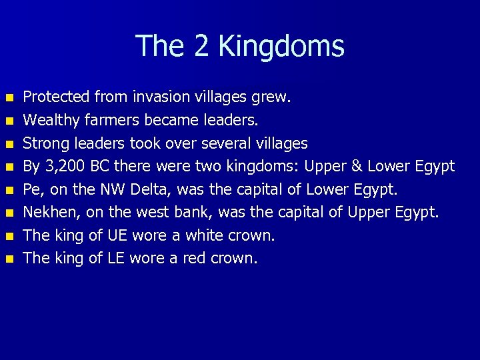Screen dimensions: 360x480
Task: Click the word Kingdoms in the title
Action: click(281, 47)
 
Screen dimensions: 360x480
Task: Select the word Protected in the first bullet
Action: click(56, 97)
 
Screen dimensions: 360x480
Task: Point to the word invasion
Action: click(158, 97)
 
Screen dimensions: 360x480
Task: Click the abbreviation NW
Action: click(111, 189)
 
